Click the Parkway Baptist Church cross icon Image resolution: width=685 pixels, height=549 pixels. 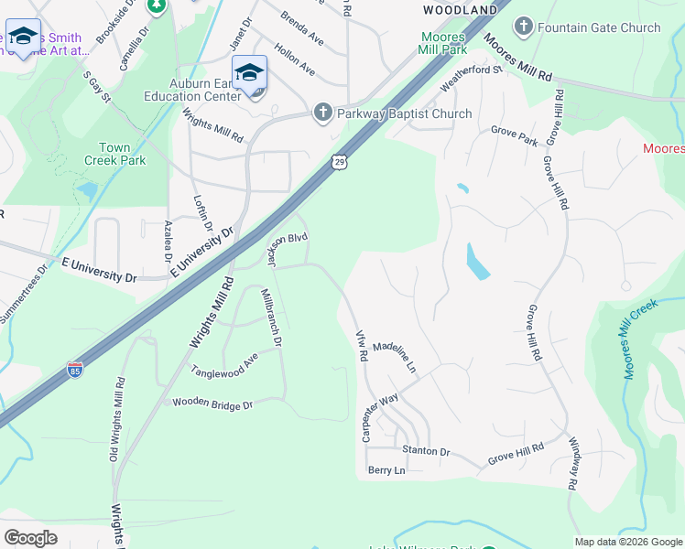click(322, 113)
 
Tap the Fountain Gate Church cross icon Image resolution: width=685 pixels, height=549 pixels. click(524, 27)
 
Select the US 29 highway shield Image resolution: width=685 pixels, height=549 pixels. click(339, 161)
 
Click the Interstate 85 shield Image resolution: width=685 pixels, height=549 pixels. click(75, 371)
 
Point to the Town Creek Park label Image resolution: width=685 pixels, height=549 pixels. click(122, 154)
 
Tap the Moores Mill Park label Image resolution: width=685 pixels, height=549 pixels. click(443, 44)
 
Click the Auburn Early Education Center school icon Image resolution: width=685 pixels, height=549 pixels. click(249, 73)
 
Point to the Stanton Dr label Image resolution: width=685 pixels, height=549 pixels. click(426, 452)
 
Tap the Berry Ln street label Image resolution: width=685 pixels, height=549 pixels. click(386, 470)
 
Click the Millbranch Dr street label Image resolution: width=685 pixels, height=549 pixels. click(272, 318)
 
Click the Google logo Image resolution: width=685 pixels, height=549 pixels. click(30, 538)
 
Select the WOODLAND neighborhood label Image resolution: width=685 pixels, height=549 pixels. click(459, 9)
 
